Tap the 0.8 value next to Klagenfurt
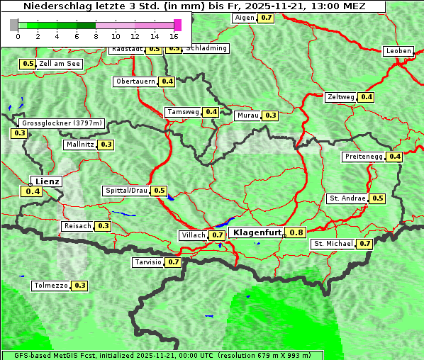(296, 232)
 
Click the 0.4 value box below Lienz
(33, 191)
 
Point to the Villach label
(193, 235)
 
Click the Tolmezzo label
(50, 286)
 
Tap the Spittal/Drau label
(126, 191)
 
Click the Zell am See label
(60, 64)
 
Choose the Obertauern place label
(135, 81)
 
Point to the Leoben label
(398, 51)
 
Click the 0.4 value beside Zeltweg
(366, 97)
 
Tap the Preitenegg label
(364, 157)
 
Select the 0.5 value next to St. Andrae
(377, 198)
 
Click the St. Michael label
(333, 244)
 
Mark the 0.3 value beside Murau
(270, 115)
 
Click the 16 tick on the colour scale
(174, 35)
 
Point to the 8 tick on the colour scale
(96, 35)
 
